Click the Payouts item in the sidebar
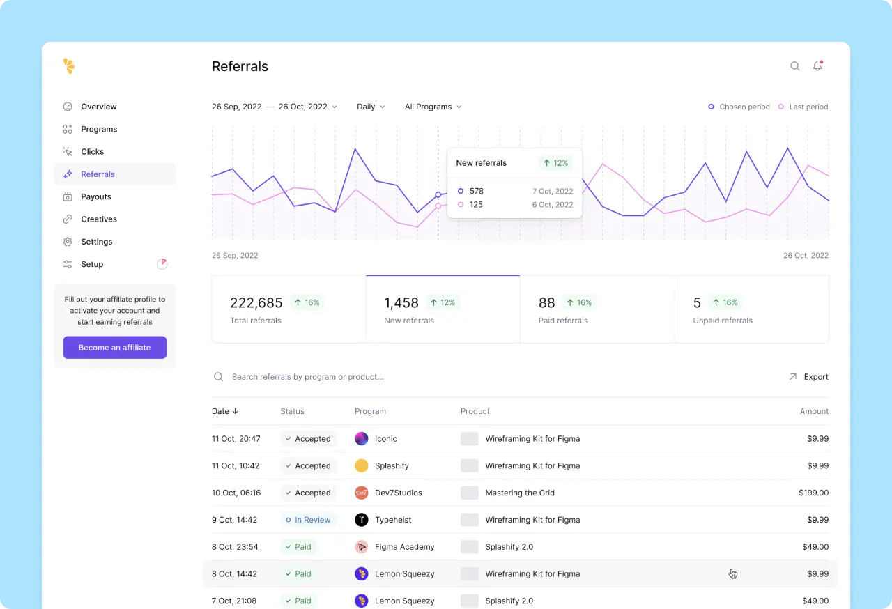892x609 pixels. (95, 196)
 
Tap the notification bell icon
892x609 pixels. (817, 66)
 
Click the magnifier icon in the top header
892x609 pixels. (794, 66)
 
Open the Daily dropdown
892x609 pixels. (370, 107)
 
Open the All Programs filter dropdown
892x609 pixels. (433, 107)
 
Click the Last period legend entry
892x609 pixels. (803, 107)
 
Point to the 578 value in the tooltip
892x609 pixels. (477, 191)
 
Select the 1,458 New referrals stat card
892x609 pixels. (443, 309)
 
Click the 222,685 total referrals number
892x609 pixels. (256, 302)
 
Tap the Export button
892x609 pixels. (808, 377)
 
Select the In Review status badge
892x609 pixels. (307, 520)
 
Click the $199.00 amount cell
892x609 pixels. (813, 493)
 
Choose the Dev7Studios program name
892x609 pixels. (398, 493)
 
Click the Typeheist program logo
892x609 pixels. (361, 520)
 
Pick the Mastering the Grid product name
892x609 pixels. (520, 493)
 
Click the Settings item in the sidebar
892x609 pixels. (96, 242)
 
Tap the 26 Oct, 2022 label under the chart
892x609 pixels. (806, 256)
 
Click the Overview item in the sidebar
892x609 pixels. (98, 107)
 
